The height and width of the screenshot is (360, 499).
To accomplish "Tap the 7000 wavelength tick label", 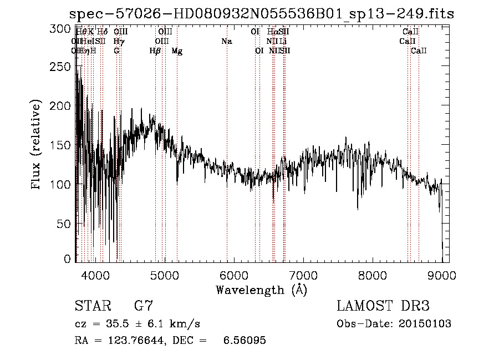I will (x=303, y=275).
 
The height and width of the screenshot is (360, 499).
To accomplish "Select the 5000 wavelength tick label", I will (x=164, y=275).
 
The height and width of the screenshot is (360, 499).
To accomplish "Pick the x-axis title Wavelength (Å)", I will (x=261, y=290).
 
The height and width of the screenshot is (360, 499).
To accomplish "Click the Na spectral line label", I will (x=226, y=42).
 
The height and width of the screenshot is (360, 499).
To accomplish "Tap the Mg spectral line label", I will (x=177, y=51).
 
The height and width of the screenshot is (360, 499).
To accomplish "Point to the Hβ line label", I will (x=155, y=51).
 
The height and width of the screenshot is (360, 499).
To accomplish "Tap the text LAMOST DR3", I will (x=383, y=306).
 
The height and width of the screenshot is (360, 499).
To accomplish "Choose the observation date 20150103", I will (x=427, y=324).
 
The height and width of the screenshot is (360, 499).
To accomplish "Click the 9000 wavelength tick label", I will (x=442, y=275).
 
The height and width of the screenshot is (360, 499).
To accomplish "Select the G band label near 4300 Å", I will (x=116, y=51).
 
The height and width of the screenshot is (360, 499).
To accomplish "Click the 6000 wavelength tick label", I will (x=233, y=275).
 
